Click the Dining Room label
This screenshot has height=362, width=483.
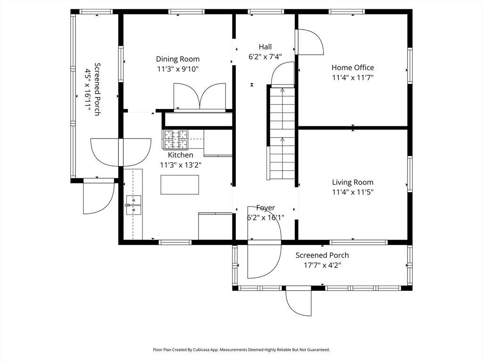(x=178, y=59)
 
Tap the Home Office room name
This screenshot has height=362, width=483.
(x=352, y=67)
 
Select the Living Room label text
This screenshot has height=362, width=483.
(x=352, y=182)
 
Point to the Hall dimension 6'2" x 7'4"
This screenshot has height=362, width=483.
(x=265, y=57)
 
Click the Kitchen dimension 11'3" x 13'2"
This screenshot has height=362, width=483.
(x=180, y=165)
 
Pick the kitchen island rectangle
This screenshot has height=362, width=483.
(x=180, y=184)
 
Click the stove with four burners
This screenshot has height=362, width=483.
(x=175, y=140)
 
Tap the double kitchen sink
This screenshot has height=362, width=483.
(x=133, y=205)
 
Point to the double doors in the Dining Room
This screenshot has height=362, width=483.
(x=200, y=97)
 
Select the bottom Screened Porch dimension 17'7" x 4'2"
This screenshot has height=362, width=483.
(x=322, y=265)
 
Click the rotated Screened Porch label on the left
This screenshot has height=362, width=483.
(x=97, y=89)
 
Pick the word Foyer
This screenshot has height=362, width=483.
(x=265, y=208)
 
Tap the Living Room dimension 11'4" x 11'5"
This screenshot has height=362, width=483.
(x=352, y=192)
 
